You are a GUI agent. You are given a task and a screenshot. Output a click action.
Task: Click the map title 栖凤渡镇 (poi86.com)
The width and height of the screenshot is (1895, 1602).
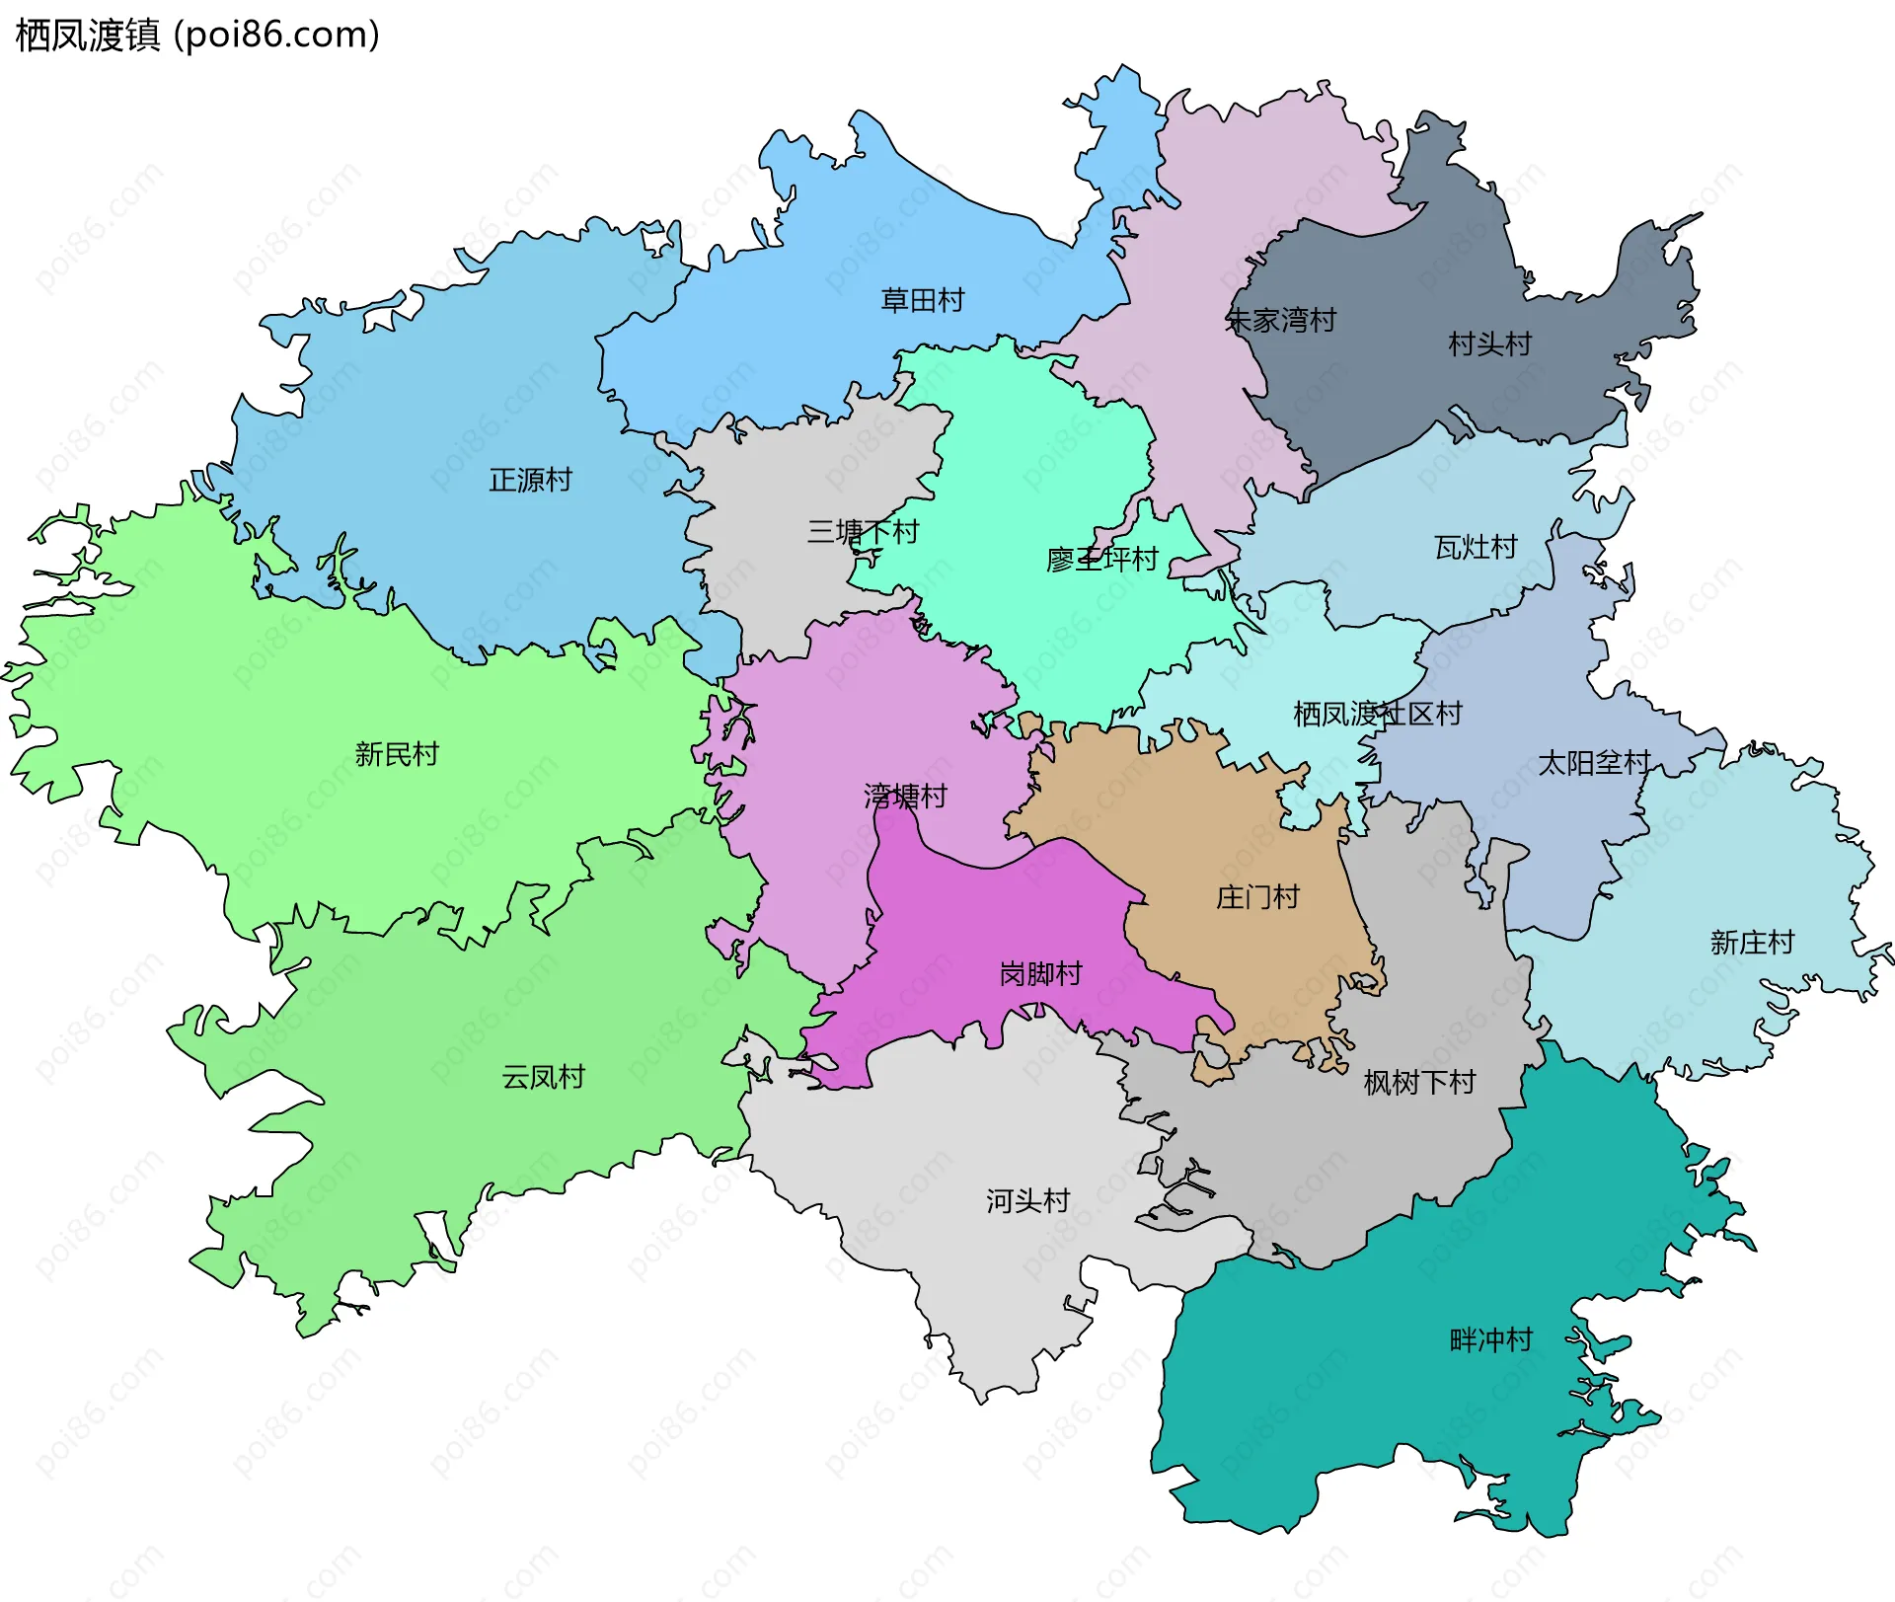coord(197,36)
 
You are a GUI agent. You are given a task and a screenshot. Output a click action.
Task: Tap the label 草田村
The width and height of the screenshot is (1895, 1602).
coord(922,300)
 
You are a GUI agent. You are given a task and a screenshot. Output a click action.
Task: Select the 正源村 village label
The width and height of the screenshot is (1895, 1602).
coord(530,481)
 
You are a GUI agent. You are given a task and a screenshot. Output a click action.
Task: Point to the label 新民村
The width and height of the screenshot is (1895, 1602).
coord(396,754)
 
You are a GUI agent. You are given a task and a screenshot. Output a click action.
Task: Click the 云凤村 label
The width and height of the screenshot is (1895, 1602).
coord(543,1077)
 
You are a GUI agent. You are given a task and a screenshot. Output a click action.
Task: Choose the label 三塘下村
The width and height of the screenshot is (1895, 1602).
coord(863,532)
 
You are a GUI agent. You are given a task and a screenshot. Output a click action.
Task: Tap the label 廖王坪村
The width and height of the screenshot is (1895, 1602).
coord(1101,560)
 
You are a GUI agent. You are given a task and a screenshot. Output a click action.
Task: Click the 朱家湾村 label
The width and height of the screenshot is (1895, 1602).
coord(1280,320)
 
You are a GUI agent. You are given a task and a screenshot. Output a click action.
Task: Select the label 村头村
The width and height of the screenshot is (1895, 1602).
coord(1489,343)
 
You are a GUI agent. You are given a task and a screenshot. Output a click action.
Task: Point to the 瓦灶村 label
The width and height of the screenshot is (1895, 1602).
coord(1475,547)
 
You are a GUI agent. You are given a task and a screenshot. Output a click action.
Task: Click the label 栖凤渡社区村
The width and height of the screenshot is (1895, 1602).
coord(1377,714)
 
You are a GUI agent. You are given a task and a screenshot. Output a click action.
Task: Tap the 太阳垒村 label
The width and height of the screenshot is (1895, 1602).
coord(1594,763)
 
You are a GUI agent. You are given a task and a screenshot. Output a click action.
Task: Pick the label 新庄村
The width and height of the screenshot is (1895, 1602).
coord(1752,943)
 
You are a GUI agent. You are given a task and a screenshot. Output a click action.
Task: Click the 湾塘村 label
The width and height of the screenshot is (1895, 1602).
coord(905,796)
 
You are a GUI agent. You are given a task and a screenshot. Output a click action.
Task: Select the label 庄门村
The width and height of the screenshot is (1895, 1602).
coord(1257,897)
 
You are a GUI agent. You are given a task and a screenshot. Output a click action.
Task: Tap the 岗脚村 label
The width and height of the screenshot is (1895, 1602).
coord(1040,974)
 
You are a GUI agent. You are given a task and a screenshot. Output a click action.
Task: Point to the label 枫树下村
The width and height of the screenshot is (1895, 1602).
coord(1419,1083)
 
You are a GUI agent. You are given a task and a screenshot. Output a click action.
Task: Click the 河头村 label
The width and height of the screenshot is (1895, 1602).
coord(1027,1201)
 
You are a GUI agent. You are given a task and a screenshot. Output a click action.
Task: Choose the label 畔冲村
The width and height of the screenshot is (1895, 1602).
coord(1490,1340)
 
